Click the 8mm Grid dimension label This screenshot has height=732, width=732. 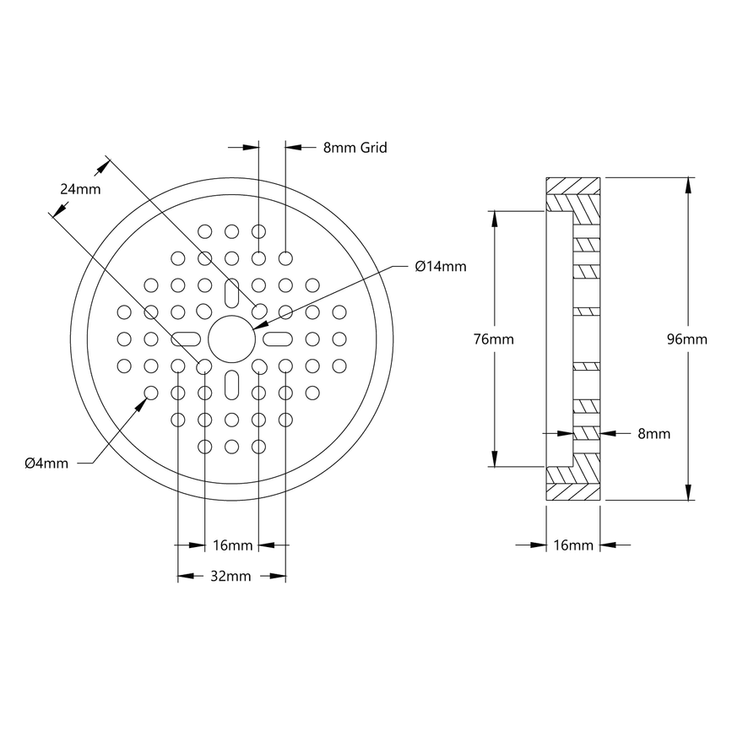[355, 147]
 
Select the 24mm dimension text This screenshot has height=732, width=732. [80, 189]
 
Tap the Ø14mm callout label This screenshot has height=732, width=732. [440, 266]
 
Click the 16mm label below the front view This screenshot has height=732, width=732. [231, 545]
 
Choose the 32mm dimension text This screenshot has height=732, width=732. [231, 577]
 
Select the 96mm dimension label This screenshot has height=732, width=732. [686, 339]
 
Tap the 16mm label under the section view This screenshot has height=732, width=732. [572, 545]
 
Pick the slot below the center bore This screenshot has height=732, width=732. [231, 382]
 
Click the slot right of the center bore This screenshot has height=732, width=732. [276, 339]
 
